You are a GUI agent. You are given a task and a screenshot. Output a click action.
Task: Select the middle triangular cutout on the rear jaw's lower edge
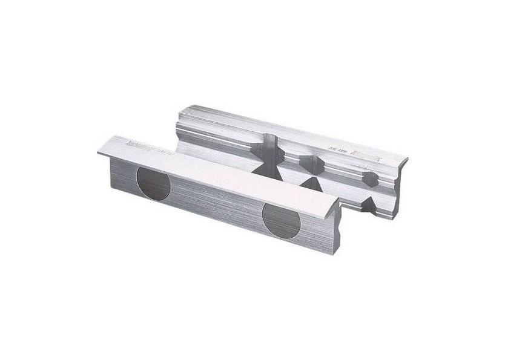click(x=315, y=182)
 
